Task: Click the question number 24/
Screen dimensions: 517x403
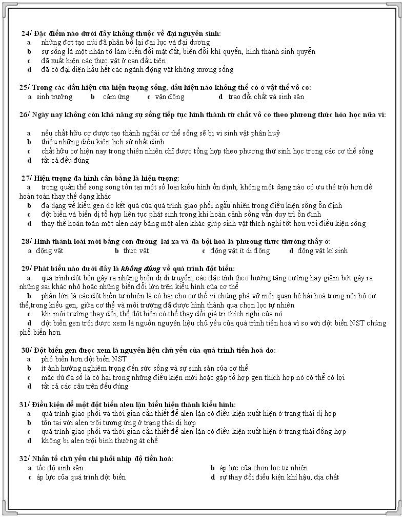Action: click(x=26, y=33)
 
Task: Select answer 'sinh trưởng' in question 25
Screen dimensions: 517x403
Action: click(x=54, y=97)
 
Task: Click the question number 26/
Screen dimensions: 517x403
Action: click(x=25, y=114)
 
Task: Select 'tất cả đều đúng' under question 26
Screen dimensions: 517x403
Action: click(x=65, y=160)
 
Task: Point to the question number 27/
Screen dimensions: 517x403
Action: click(x=27, y=178)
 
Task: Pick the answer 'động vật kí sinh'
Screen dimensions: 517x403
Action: click(x=322, y=251)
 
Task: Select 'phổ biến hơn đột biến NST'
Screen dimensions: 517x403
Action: click(x=84, y=359)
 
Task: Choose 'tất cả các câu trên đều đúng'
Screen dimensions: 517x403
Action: click(x=85, y=386)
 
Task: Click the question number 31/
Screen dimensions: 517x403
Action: click(x=25, y=405)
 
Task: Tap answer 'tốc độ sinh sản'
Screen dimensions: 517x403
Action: click(x=59, y=468)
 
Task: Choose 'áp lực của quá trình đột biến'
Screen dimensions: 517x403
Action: click(x=80, y=477)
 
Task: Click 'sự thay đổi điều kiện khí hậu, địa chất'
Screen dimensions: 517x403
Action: click(x=278, y=477)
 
